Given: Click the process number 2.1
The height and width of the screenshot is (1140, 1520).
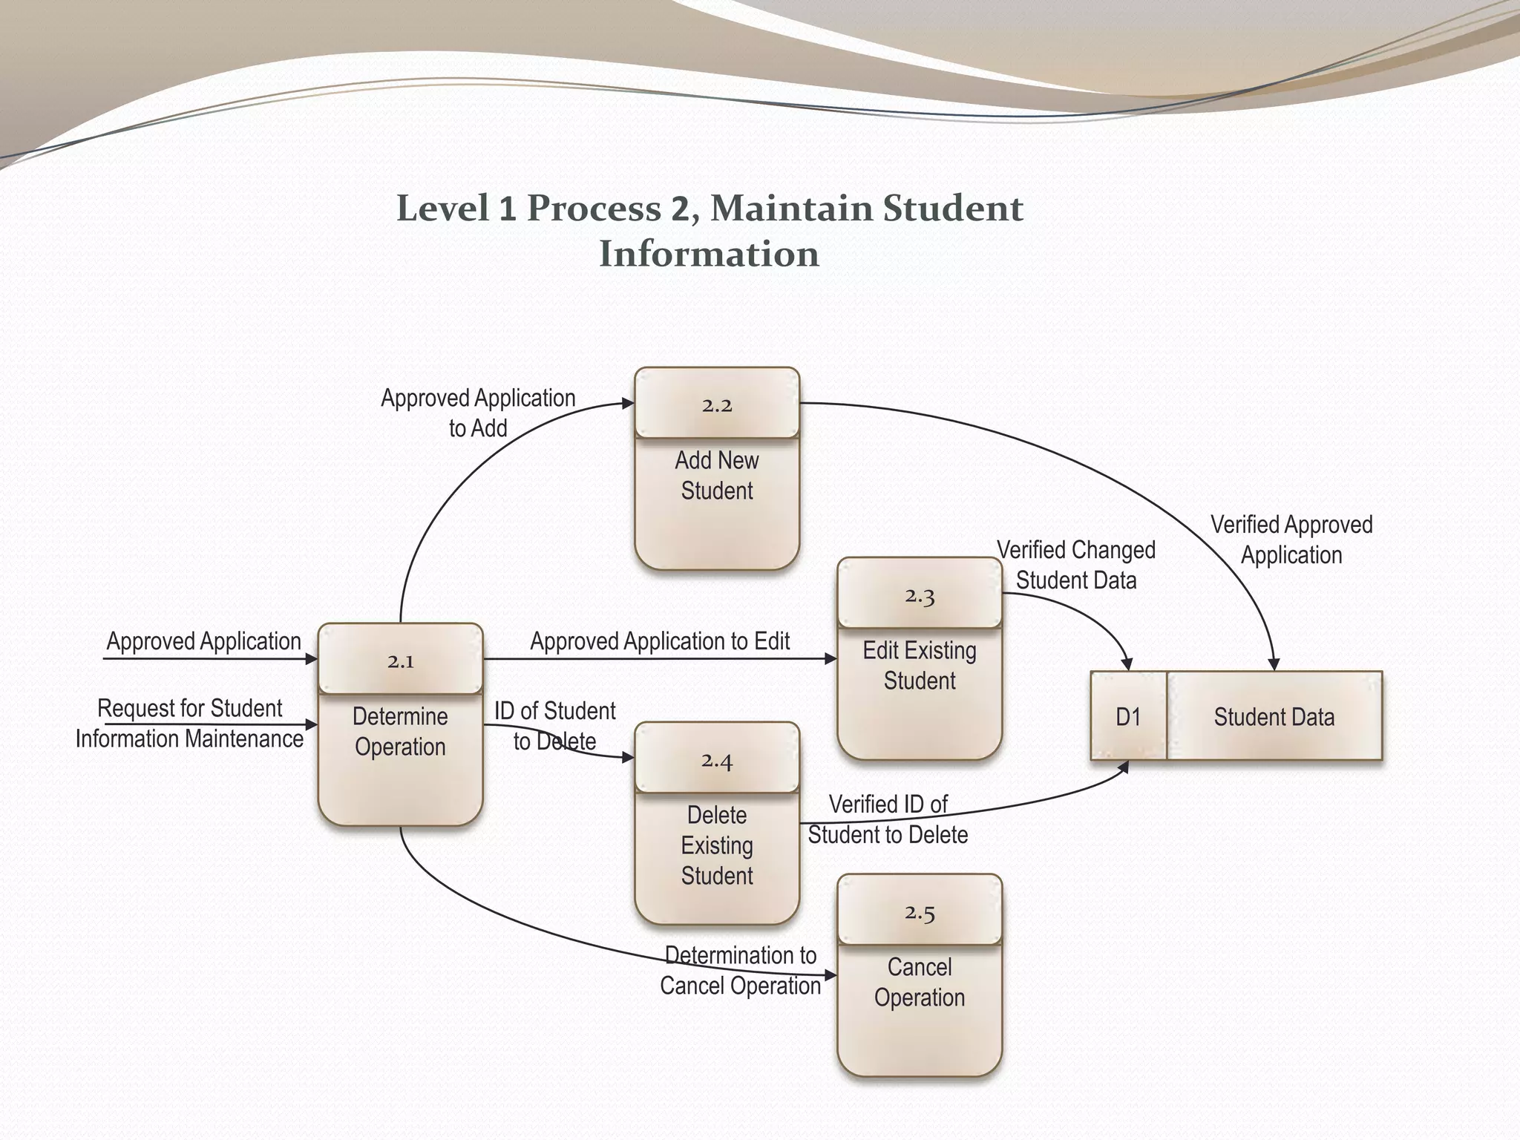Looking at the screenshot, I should [400, 661].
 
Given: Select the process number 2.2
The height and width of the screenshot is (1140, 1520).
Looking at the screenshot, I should [717, 405].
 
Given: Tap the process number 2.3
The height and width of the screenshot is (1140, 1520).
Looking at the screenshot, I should [920, 595].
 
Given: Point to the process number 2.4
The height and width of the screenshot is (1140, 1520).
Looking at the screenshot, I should [717, 760].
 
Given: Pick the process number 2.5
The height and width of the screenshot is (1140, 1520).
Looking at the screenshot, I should [920, 912].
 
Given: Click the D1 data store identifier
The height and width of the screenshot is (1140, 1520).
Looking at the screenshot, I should [1128, 716].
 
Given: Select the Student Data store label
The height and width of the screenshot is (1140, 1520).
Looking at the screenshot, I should [1274, 716].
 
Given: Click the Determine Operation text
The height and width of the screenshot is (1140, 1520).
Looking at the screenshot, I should [400, 731].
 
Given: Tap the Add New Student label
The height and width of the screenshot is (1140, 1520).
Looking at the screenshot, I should [717, 475].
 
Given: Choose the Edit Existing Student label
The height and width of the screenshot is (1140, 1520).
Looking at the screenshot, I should [920, 665].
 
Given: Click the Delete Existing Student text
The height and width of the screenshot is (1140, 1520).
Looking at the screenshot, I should [717, 845].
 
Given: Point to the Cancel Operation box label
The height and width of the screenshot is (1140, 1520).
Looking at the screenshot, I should [920, 982].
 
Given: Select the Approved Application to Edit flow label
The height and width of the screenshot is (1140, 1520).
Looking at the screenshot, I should [660, 641].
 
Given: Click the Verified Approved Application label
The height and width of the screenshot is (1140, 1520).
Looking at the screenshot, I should [1291, 540].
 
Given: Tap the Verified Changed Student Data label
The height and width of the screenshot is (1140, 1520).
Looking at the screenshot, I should [1076, 565].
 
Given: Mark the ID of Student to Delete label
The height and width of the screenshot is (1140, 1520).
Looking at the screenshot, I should [555, 725].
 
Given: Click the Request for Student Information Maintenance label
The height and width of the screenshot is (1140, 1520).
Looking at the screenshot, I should [190, 723].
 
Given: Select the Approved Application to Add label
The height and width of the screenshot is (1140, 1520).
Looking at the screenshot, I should [478, 413].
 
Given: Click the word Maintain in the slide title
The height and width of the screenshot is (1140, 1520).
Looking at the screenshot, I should [791, 208].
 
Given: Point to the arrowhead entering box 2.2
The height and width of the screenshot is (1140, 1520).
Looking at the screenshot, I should [629, 403].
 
